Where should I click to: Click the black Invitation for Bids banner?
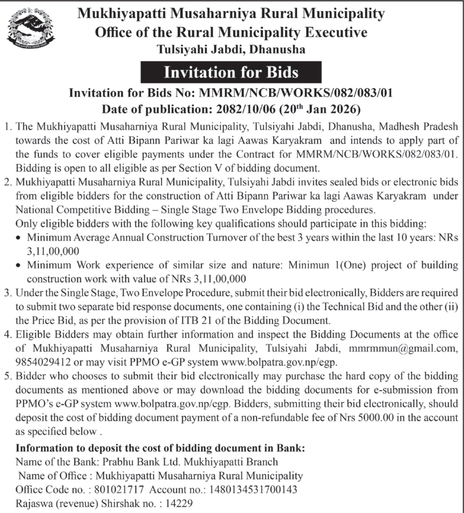(x=231, y=72)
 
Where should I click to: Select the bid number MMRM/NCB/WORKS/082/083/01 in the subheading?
(x=296, y=93)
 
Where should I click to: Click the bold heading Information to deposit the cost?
(x=160, y=448)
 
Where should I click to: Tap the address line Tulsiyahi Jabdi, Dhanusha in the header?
(x=231, y=49)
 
